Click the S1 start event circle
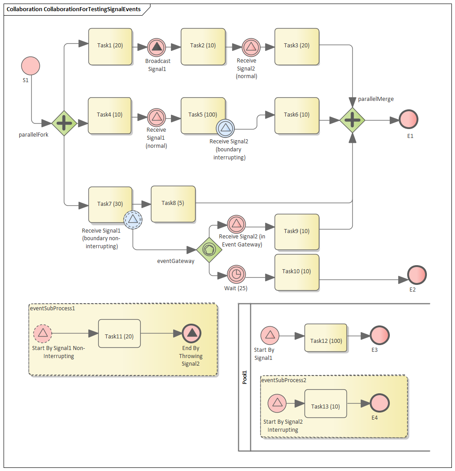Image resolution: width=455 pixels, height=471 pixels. [31, 66]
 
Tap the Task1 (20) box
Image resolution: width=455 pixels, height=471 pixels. [110, 46]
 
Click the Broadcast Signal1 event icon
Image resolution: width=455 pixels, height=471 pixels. [157, 46]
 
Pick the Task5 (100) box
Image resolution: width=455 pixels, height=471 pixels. [203, 115]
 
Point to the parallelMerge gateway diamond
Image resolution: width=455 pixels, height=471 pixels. [352, 120]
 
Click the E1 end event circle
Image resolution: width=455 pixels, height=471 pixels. [409, 120]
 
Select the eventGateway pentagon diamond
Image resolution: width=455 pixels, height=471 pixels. [209, 250]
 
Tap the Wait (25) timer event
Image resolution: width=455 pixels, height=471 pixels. [236, 274]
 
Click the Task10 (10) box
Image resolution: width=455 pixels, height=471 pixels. [296, 272]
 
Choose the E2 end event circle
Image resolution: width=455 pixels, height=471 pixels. [417, 275]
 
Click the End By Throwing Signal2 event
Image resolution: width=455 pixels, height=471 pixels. [192, 333]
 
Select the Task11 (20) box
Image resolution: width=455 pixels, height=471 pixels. [119, 333]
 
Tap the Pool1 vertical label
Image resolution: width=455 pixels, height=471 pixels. [245, 377]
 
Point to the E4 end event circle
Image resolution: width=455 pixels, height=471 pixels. [380, 403]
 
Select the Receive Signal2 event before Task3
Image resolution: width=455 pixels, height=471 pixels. [251, 46]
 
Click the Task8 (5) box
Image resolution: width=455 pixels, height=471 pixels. [173, 204]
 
